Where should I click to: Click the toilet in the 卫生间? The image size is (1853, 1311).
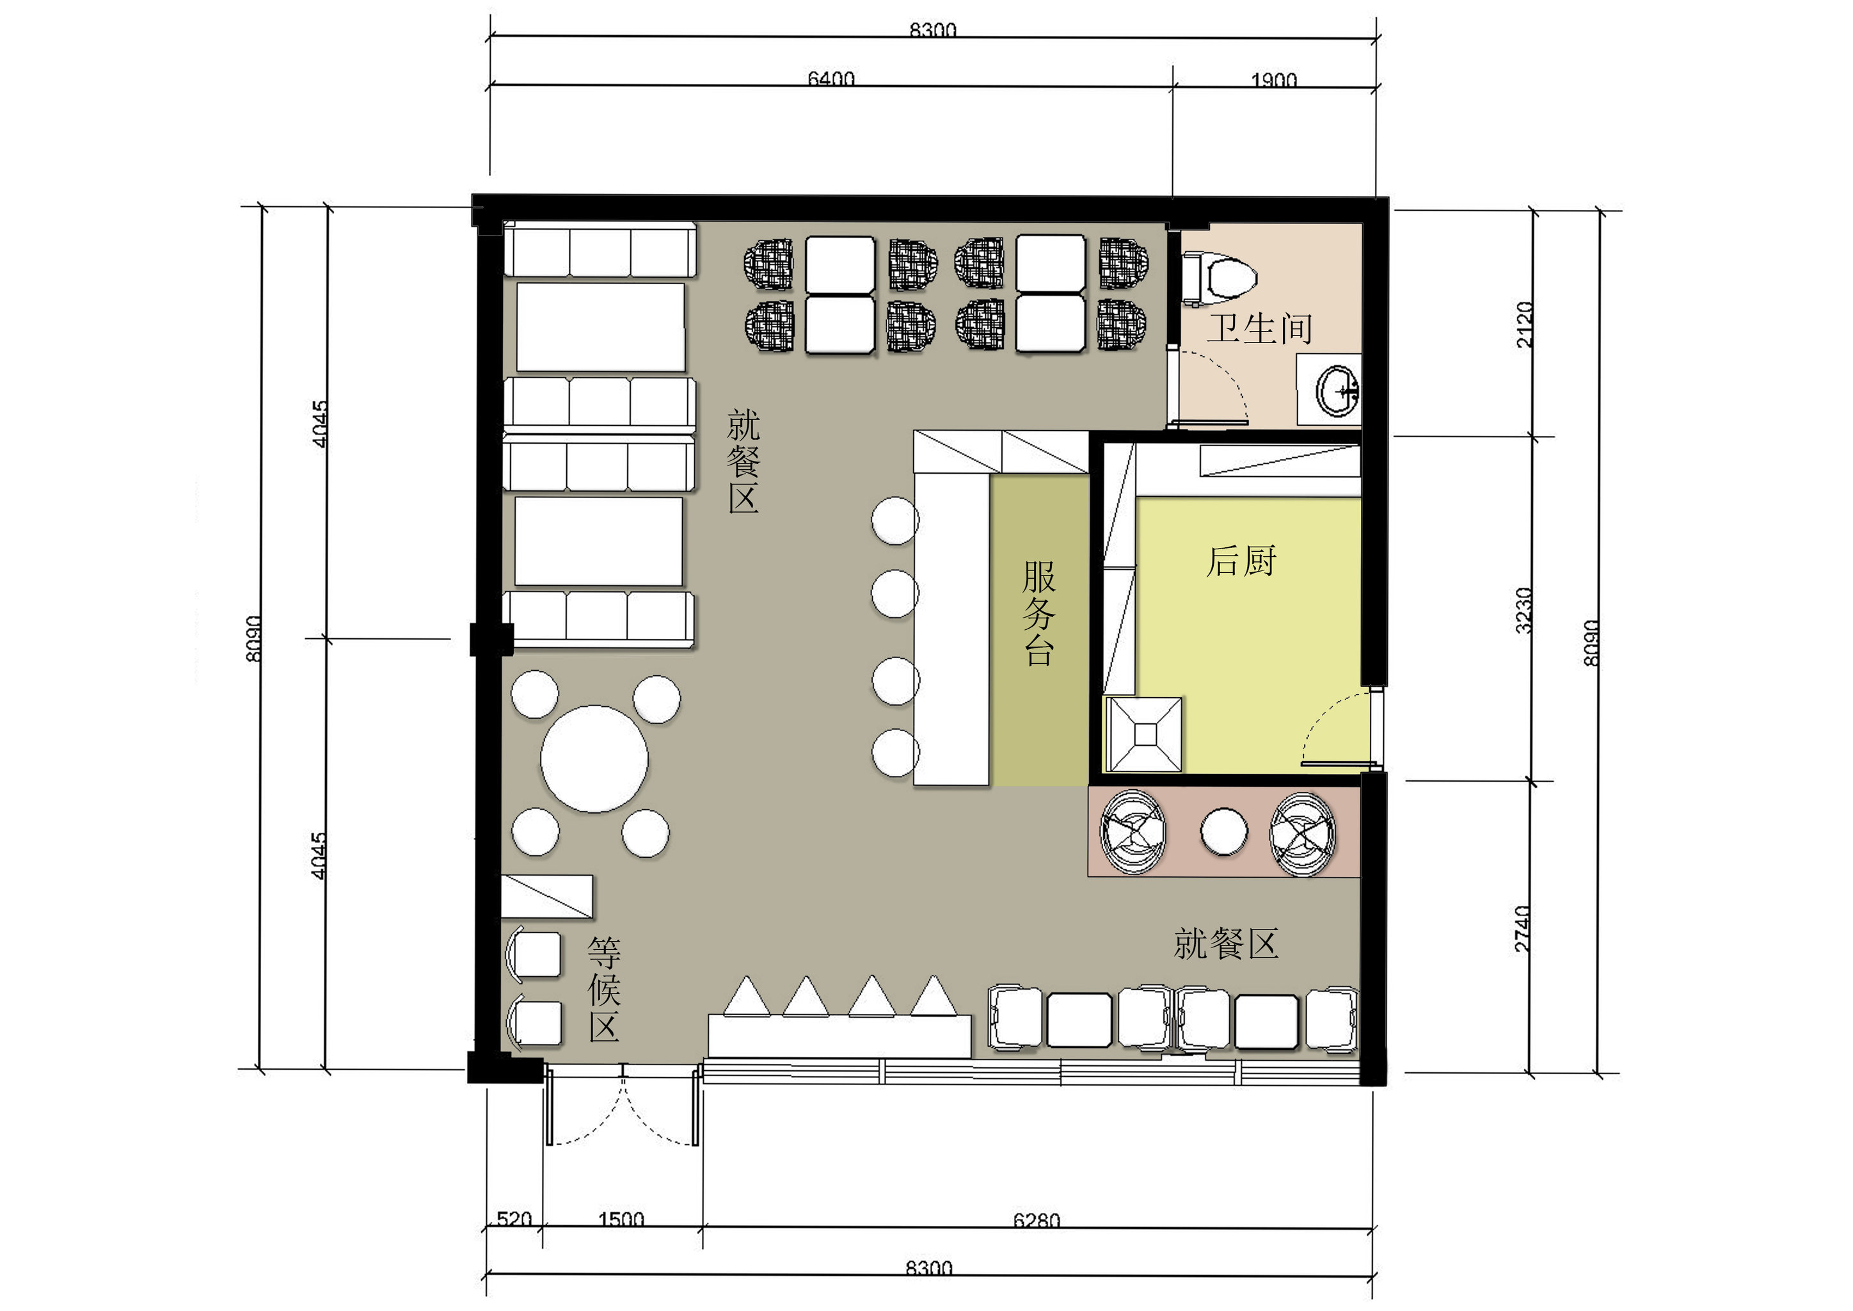1220,279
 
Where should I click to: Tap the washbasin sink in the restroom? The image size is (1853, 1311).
1337,390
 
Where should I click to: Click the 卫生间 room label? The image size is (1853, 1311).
1259,328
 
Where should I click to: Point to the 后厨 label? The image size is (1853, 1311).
1241,561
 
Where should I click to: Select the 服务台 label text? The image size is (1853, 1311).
1038,613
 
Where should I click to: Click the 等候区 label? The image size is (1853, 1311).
605,990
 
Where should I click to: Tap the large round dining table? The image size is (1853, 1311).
594,759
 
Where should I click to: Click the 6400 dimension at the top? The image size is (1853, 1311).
831,78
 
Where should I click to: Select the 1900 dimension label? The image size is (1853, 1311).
1273,79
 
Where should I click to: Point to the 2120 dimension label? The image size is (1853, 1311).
1523,325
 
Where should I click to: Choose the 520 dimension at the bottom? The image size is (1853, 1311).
514,1218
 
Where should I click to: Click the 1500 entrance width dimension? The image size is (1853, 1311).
621,1219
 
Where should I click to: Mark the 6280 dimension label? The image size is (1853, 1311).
1037,1219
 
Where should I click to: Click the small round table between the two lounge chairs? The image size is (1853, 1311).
1223,832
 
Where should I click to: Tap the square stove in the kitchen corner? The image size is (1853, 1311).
1145,735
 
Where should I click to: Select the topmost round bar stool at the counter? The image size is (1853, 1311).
895,520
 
